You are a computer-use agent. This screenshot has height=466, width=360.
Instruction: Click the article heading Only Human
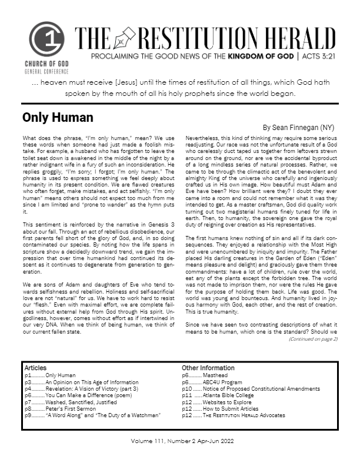pos(58,116)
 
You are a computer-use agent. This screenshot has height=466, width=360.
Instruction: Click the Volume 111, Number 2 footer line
pos(179,441)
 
